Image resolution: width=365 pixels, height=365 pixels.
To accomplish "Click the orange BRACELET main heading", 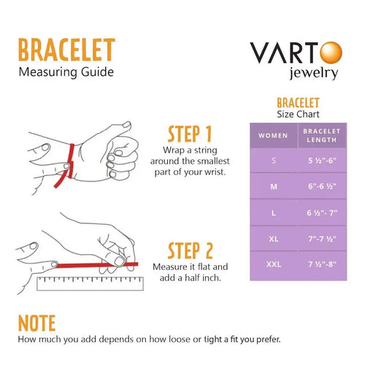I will [x=66, y=51].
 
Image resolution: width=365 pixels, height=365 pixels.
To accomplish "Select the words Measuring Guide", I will [x=66, y=72].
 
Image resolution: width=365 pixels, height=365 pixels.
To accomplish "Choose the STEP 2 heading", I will [x=190, y=251].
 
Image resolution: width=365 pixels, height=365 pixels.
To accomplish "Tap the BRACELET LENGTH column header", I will [x=321, y=135].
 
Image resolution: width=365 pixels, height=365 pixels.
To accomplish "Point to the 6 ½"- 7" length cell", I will [x=321, y=212].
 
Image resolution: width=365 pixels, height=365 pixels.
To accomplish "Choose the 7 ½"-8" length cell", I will [x=321, y=262].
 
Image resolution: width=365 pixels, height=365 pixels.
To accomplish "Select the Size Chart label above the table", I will [x=299, y=114].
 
